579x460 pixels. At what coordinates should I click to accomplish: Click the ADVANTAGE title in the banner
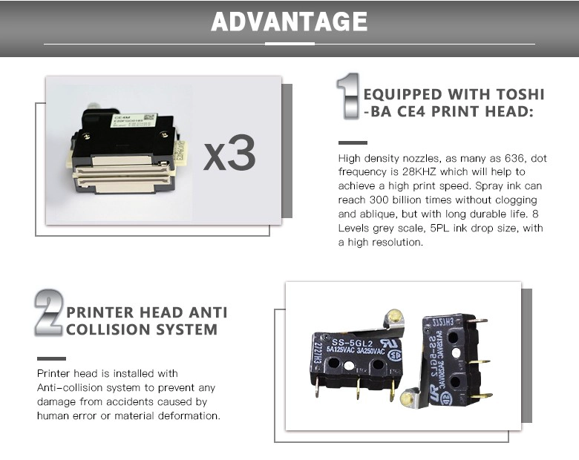pos(289,22)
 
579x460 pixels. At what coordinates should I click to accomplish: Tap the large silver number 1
pos(348,96)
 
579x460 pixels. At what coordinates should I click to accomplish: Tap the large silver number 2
pos(49,312)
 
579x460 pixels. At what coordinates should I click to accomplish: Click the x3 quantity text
pos(229,153)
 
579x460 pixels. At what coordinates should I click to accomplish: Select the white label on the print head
pos(134,120)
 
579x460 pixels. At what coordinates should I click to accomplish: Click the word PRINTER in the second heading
pos(99,312)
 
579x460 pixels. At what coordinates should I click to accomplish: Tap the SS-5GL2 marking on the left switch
pos(347,342)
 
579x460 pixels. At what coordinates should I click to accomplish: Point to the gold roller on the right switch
pos(407,398)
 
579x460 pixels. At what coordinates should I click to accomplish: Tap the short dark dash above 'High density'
pos(353,142)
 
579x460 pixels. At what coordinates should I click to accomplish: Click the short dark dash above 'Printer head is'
pos(51,358)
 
